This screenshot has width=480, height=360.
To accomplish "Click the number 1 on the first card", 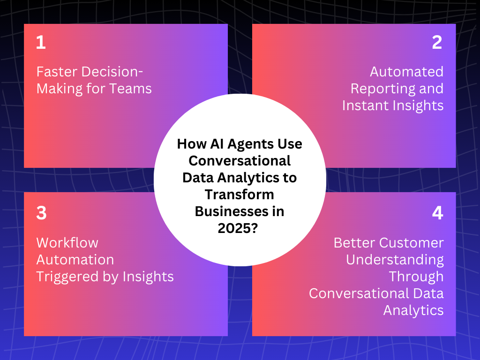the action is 41,43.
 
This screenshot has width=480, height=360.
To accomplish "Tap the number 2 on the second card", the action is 437,43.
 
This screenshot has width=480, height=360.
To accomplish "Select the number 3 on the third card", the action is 41,213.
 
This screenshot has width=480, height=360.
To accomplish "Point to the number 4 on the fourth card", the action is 437,213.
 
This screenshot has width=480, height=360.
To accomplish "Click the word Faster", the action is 57,72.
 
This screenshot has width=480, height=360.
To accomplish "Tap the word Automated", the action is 406,72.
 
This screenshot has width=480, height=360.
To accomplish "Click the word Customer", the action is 411,243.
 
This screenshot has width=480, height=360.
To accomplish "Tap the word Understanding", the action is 395,260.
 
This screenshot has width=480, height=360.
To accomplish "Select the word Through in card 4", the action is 416,277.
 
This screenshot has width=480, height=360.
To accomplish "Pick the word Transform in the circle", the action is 240,194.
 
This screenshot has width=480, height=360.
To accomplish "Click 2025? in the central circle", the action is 240,228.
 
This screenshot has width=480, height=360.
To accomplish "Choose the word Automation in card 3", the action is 75,260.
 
